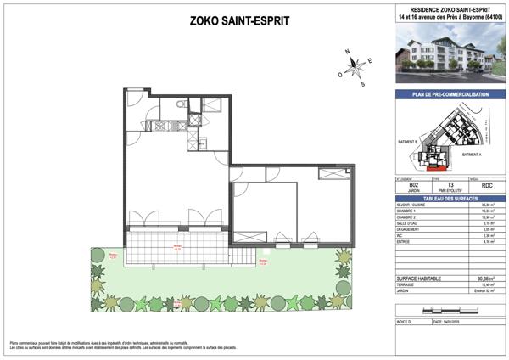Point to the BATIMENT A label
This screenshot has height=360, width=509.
coord(473,155)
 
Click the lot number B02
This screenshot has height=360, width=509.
coord(413,184)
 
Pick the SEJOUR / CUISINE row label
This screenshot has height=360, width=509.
coord(411,205)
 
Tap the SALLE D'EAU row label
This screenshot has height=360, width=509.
coord(409,223)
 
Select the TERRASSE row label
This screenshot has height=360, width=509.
coord(408,284)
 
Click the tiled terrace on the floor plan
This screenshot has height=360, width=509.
coord(178,248)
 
